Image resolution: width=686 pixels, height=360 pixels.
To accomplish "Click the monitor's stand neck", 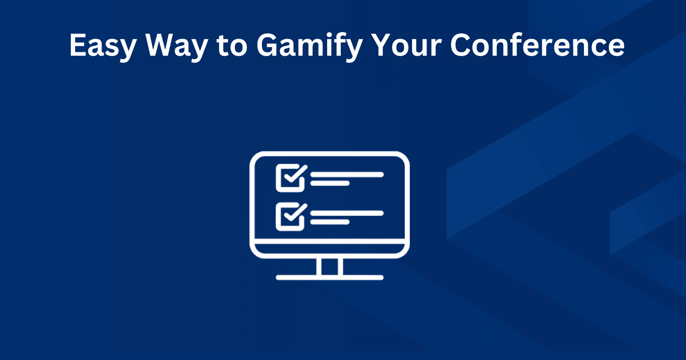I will (329, 267).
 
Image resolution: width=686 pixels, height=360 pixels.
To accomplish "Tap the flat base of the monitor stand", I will (329, 278).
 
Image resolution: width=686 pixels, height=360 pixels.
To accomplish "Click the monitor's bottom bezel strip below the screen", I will (329, 249).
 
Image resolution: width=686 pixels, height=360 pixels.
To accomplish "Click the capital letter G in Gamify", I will (270, 45).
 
